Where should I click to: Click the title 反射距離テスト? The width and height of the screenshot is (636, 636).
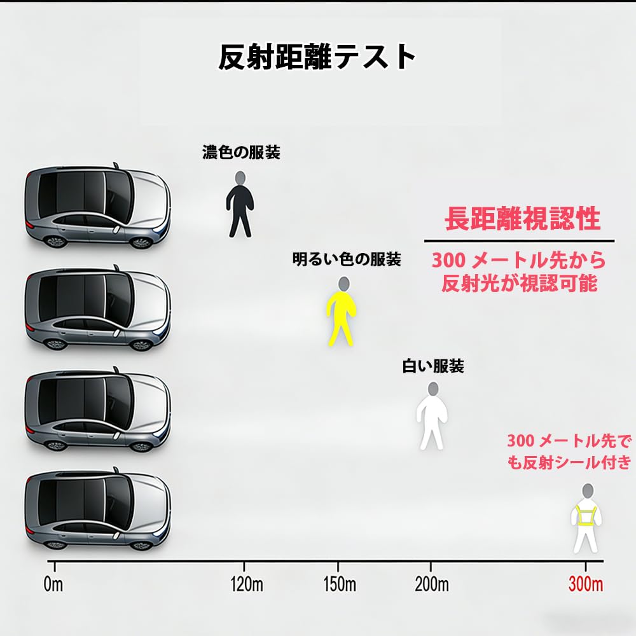pos(317,57)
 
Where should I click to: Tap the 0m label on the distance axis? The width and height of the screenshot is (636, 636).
pos(53,585)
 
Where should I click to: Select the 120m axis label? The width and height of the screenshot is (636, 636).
pos(247,585)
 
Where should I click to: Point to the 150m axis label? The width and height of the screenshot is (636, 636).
pos(340,585)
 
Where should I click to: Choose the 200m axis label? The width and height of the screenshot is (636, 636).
pos(432,585)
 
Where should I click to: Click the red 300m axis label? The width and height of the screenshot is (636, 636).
pos(586,585)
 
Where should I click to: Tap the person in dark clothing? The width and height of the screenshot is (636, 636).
pos(240,204)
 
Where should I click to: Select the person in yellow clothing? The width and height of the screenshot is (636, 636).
pos(342,312)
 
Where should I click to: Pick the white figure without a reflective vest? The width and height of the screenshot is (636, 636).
pos(432,416)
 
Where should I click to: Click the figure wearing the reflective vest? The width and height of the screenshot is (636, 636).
pos(586,518)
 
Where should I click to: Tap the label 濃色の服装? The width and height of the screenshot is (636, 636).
pos(241,153)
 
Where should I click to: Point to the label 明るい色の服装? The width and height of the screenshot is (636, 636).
pos(347,259)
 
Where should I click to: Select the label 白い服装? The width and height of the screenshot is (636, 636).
pos(433,366)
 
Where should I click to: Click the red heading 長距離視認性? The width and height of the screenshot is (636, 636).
pos(522,219)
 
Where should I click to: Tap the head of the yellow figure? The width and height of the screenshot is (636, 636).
pos(343,284)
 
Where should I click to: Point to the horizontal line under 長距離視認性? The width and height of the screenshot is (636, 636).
pos(519,241)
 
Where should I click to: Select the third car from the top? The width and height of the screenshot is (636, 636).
pos(97,410)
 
